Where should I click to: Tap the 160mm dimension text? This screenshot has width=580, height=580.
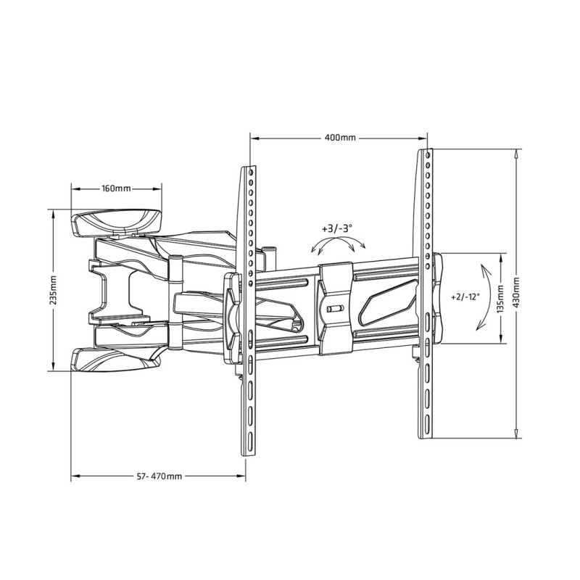click(116, 188)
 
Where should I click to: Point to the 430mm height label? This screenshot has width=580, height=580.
click(515, 292)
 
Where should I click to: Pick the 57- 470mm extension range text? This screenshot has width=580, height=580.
click(159, 476)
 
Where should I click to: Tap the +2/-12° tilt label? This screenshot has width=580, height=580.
click(465, 297)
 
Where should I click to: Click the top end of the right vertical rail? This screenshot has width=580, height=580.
click(427, 153)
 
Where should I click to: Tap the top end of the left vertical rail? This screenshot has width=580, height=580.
click(249, 168)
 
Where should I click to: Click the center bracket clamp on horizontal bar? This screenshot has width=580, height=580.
click(334, 308)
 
